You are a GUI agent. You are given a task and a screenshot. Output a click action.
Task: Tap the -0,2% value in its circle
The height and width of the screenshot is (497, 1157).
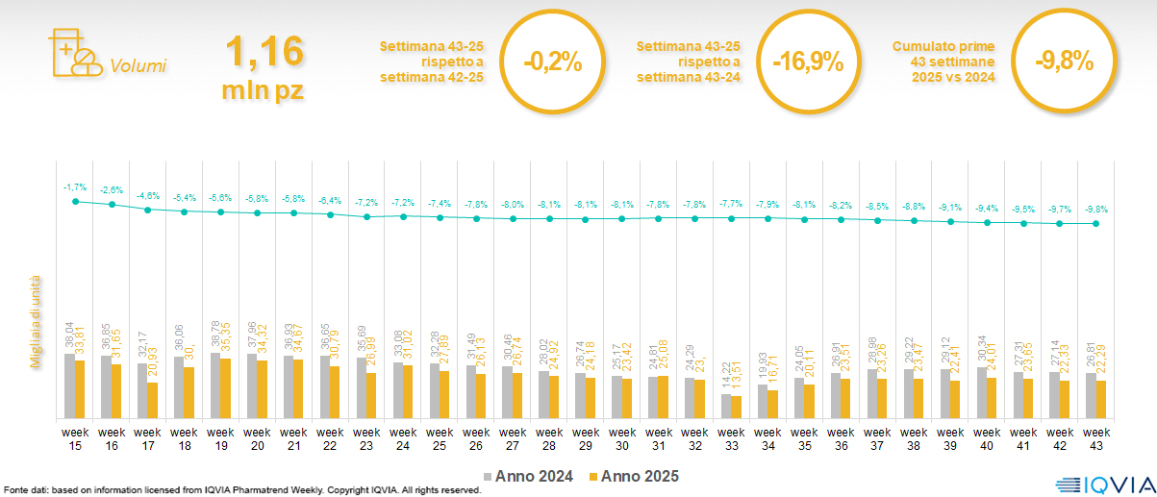[x=553, y=63]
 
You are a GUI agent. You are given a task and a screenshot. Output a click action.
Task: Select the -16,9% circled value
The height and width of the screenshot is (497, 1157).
[x=808, y=63]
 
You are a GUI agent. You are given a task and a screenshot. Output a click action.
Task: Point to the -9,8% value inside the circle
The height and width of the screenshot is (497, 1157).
[x=1064, y=62]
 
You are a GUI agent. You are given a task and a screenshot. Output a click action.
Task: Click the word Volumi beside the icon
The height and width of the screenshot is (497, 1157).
[x=138, y=66]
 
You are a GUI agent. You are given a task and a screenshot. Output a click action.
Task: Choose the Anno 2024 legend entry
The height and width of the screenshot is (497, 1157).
[x=529, y=476]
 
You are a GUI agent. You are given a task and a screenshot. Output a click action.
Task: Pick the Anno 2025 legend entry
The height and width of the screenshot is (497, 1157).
[x=634, y=476]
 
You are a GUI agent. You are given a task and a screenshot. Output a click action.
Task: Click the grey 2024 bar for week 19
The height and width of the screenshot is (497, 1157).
[x=214, y=386]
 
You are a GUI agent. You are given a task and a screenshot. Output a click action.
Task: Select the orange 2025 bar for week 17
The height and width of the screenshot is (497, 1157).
[x=153, y=401]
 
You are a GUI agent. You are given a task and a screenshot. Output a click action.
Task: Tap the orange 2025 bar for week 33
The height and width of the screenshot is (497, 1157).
[x=737, y=408]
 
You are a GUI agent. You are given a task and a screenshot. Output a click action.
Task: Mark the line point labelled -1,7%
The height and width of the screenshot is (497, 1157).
[x=75, y=201]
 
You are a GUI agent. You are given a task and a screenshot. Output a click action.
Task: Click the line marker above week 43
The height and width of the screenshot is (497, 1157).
[x=1096, y=224]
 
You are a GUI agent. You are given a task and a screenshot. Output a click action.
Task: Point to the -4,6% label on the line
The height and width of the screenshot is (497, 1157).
[x=147, y=195]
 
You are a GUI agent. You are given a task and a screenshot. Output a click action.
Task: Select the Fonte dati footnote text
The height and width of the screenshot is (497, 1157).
[x=241, y=490]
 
